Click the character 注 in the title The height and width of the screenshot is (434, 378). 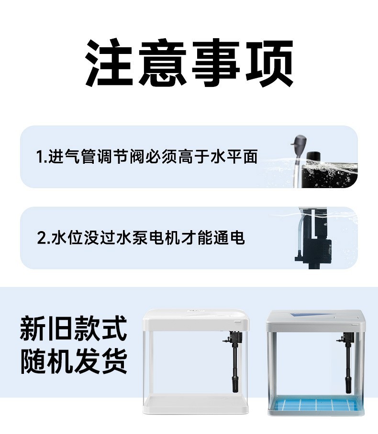[x=109, y=63]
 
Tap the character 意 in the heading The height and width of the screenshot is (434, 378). [x=162, y=63]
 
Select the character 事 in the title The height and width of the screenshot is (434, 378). [x=215, y=63]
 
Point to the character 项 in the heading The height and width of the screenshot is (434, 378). [x=269, y=63]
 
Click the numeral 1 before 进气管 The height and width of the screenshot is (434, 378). [x=40, y=157]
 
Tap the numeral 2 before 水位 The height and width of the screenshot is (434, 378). [x=41, y=238]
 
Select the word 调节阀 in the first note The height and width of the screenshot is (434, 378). [x=121, y=157]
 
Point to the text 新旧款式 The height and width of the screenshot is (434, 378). [x=74, y=328]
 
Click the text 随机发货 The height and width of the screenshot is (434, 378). [x=74, y=360]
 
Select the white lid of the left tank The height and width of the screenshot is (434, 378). [x=196, y=319]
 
